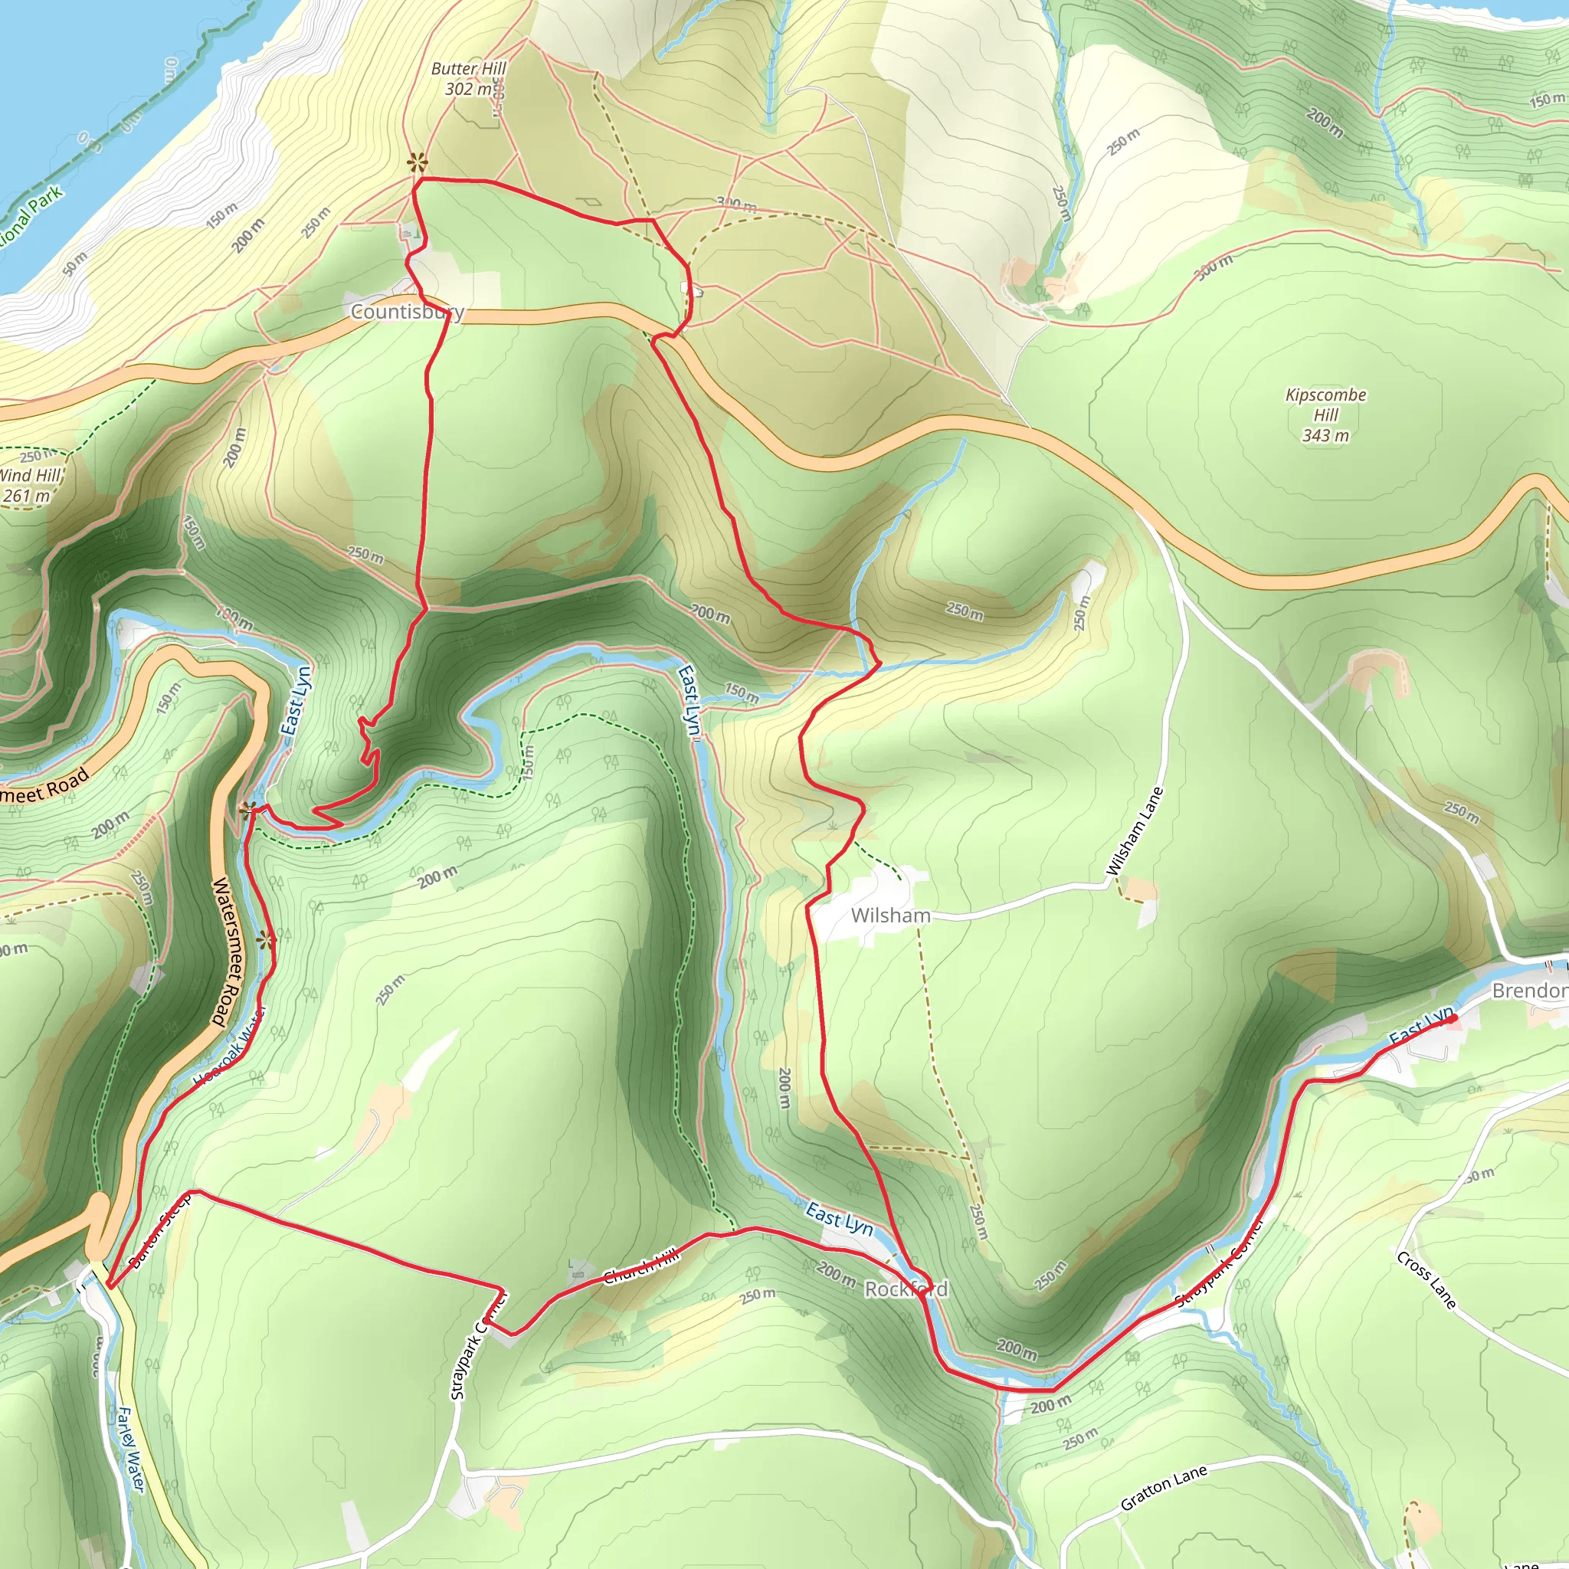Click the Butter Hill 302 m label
pos(468,79)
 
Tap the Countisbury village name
pos(407,312)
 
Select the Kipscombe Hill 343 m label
pos(1325,415)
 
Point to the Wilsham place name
pos(890,916)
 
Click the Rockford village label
pos(906,1289)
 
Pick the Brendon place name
pos(1528,991)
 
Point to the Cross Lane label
pos(1426,1280)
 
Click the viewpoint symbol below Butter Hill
pos(418,162)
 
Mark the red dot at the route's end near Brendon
pos(1452,1017)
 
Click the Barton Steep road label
pos(160,1231)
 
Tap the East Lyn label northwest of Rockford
pos(839,1220)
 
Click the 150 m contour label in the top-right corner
pos(1546,100)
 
